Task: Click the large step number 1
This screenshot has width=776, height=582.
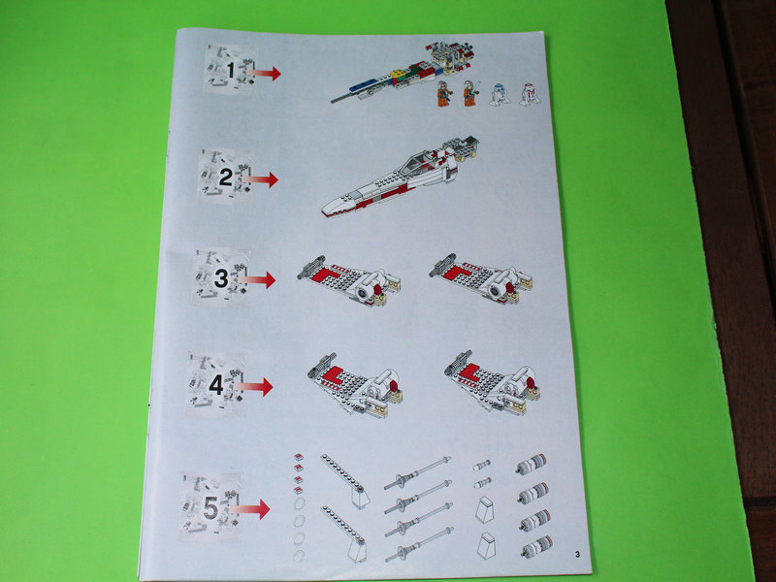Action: click(231, 70)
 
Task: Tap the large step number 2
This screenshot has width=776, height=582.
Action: click(226, 178)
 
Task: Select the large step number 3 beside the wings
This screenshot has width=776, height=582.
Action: click(221, 278)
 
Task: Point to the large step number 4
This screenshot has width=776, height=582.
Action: click(216, 385)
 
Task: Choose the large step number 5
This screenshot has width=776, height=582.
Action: click(210, 507)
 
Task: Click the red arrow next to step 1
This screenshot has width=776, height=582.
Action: click(264, 74)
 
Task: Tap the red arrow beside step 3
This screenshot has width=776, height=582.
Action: click(257, 279)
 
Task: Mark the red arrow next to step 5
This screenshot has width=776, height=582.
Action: click(250, 508)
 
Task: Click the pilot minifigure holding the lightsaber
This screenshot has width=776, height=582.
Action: click(470, 93)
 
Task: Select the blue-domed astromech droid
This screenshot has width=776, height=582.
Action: click(499, 94)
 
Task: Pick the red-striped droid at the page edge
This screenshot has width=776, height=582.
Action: click(530, 93)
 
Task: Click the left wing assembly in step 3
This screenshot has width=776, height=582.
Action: click(349, 280)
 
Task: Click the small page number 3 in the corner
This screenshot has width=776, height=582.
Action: click(577, 554)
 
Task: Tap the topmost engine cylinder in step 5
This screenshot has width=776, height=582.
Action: click(531, 464)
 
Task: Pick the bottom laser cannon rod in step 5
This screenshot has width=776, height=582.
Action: click(419, 544)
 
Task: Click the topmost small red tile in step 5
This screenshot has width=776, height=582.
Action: click(298, 457)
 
